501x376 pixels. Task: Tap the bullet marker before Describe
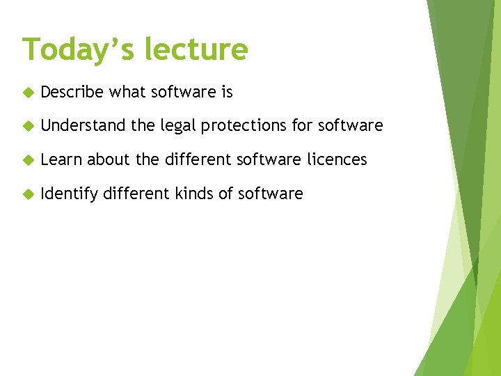[x=28, y=92]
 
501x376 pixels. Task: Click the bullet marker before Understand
[x=28, y=126]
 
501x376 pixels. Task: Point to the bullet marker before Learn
[x=28, y=160]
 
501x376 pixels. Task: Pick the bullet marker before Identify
[x=28, y=194]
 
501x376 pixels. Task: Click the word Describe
[x=72, y=92]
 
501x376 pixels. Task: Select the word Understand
[x=83, y=126]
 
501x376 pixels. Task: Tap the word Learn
[x=62, y=159]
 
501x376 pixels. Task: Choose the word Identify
[x=69, y=194]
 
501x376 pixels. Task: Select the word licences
[x=337, y=159]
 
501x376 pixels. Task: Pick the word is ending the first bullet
[x=227, y=92]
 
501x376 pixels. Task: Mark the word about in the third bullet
[x=110, y=159]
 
